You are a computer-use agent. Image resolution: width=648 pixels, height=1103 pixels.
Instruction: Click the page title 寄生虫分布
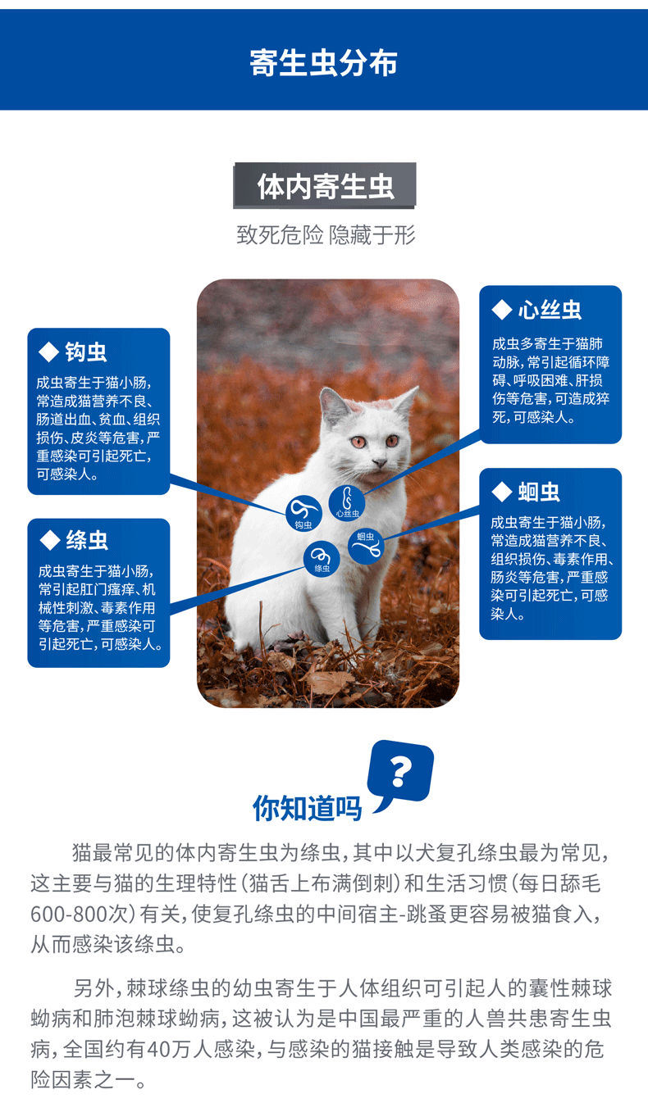click(x=323, y=63)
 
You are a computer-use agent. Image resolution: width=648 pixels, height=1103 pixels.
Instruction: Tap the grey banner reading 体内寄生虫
click(x=325, y=186)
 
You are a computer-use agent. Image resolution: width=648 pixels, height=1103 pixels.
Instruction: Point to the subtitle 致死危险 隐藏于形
click(x=326, y=236)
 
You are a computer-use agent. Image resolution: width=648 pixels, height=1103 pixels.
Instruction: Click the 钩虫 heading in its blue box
click(x=86, y=353)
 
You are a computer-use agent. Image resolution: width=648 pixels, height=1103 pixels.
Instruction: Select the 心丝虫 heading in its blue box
click(x=549, y=311)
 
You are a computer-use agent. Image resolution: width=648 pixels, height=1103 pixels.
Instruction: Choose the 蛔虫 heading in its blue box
click(x=539, y=492)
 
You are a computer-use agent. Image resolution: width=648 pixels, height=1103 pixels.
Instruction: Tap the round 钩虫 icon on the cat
click(x=303, y=513)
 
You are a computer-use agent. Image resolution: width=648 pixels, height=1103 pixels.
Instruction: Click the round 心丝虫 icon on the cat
click(x=347, y=501)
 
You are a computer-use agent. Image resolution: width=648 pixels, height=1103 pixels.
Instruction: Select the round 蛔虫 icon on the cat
click(x=366, y=545)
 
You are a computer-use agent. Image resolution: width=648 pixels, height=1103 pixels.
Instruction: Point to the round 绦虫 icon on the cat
click(x=322, y=559)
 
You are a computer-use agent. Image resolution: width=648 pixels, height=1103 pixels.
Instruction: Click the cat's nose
click(x=378, y=463)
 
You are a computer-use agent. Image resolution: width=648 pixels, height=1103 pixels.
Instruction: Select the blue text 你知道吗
click(x=307, y=808)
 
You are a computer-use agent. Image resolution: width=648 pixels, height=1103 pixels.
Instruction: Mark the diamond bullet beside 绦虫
click(x=50, y=540)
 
